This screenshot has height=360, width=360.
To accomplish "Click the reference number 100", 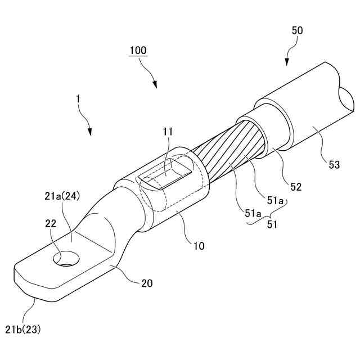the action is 138,51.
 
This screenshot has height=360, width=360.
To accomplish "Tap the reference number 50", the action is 297,30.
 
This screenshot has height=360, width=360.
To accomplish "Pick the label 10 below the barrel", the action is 199,246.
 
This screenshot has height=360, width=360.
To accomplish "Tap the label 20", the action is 146,283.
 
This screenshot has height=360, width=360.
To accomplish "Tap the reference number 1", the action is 79,98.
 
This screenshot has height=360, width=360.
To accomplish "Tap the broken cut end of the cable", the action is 345,99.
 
